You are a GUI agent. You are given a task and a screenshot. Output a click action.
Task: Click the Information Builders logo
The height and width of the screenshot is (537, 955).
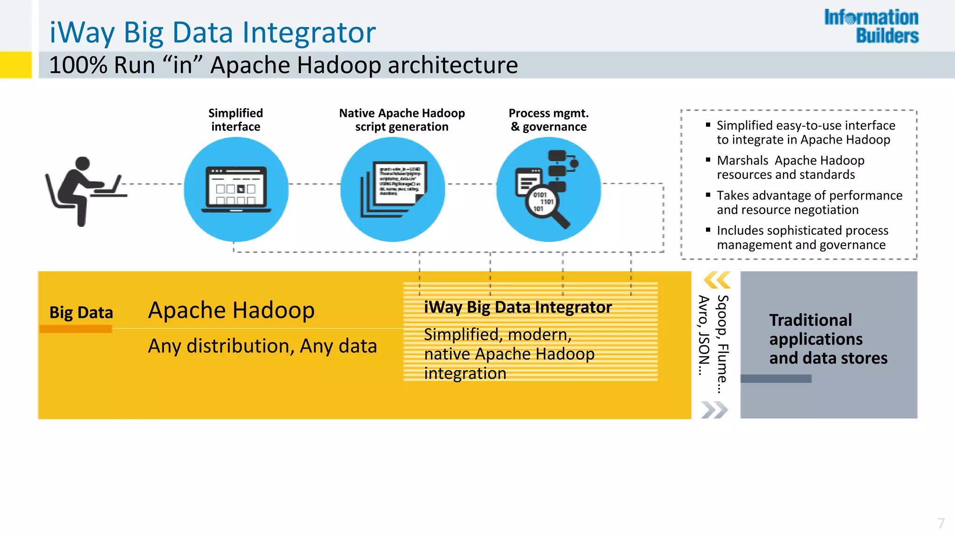[871, 26]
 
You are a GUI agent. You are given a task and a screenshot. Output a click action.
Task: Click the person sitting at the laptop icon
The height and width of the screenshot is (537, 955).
[84, 191]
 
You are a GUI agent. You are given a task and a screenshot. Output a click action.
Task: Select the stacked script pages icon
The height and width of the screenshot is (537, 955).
[393, 189]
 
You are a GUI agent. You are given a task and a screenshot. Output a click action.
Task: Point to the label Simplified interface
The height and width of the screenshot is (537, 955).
[235, 120]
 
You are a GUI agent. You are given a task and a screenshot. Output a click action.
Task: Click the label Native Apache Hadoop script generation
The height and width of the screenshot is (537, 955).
[401, 120]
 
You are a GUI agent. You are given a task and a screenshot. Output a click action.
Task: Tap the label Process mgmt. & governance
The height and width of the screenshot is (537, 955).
[548, 120]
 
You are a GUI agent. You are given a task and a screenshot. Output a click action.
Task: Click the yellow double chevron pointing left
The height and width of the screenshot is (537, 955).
[716, 280]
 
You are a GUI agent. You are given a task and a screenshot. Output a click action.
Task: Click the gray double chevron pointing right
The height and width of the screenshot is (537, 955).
[714, 410]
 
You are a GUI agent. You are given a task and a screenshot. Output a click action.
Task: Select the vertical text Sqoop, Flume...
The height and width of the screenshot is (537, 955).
[722, 344]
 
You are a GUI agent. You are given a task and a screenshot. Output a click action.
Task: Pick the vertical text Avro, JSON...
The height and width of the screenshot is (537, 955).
[703, 335]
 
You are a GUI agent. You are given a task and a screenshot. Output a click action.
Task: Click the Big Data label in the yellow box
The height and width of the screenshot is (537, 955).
[81, 312]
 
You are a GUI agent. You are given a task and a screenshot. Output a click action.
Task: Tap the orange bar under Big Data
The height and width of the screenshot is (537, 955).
[76, 329]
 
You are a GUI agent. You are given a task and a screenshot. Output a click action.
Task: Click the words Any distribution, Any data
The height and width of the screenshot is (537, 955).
[262, 346]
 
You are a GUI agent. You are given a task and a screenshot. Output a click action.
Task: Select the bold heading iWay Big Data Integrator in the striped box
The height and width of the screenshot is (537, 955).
[518, 307]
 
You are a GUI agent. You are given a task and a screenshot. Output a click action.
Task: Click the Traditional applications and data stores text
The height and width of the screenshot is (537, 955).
[828, 339]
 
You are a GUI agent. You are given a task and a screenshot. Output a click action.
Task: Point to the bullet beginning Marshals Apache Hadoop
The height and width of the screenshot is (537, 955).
[790, 167]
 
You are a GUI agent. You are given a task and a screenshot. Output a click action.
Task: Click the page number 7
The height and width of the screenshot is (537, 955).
[941, 523]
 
